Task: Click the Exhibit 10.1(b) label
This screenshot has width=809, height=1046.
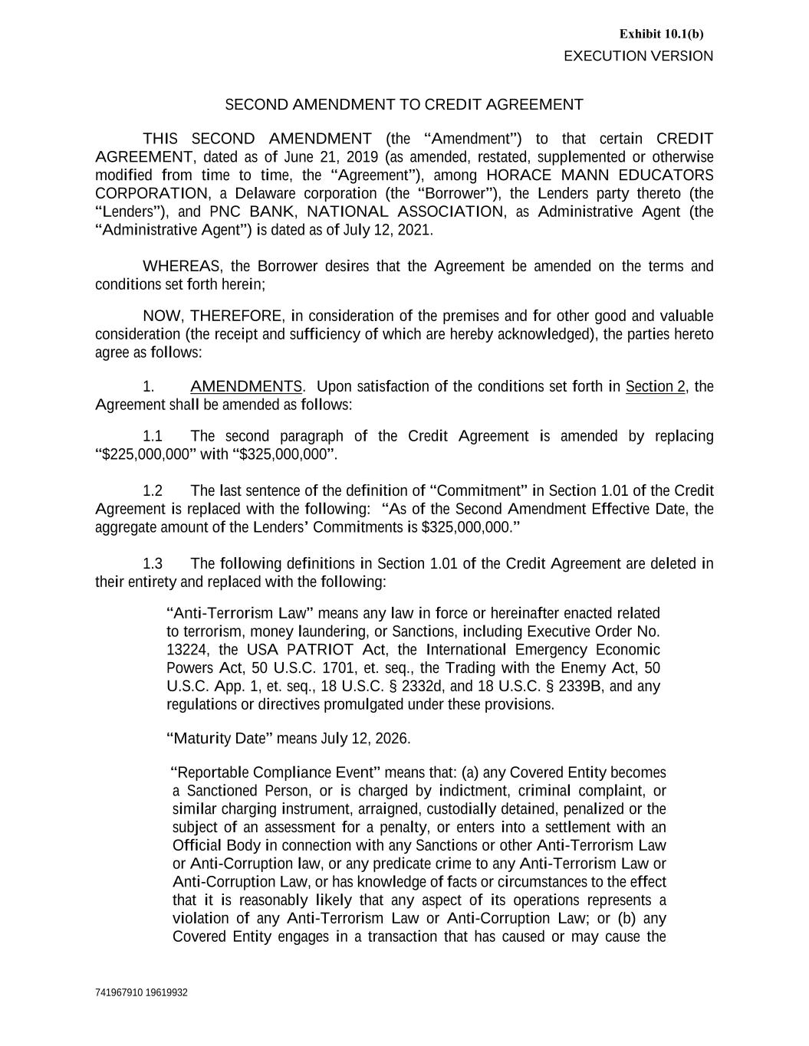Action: pyautogui.click(x=661, y=34)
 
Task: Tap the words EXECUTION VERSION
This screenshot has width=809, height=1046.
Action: pyautogui.click(x=638, y=56)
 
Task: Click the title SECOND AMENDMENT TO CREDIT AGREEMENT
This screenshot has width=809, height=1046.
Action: pyautogui.click(x=404, y=104)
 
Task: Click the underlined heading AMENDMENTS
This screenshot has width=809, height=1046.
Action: pyautogui.click(x=246, y=386)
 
